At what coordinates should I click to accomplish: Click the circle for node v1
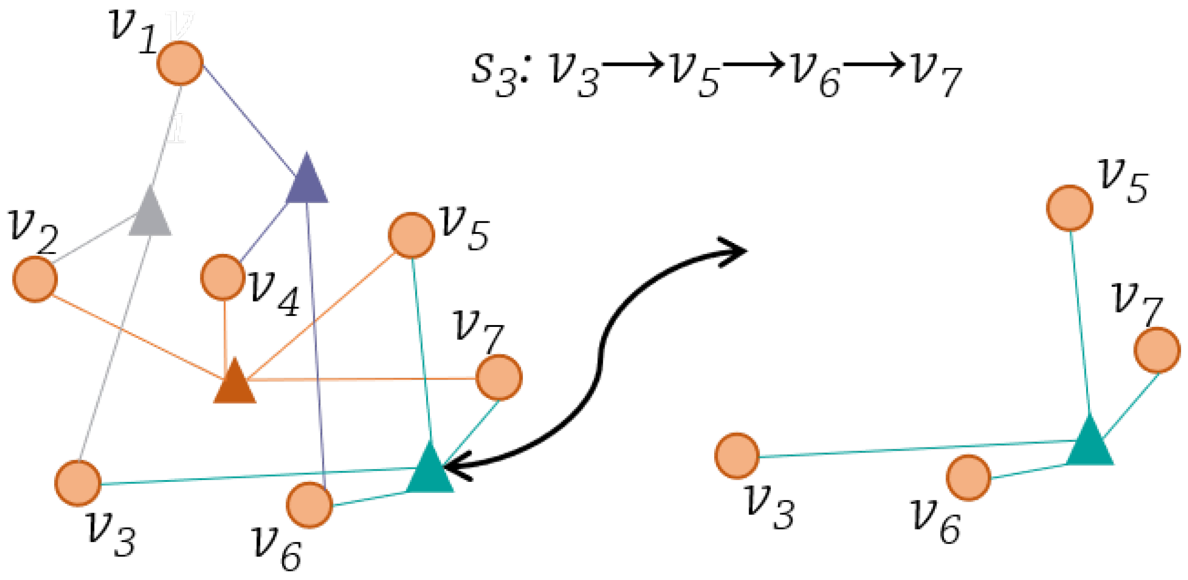click(180, 63)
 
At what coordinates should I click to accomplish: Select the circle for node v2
click(35, 279)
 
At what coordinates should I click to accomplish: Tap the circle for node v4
click(223, 277)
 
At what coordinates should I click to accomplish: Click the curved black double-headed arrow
click(600, 359)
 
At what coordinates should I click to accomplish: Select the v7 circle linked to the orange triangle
click(499, 378)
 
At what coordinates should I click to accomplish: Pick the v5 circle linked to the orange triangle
click(411, 235)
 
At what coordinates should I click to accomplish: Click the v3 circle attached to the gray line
click(78, 483)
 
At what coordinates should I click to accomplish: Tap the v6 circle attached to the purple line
click(310, 505)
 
